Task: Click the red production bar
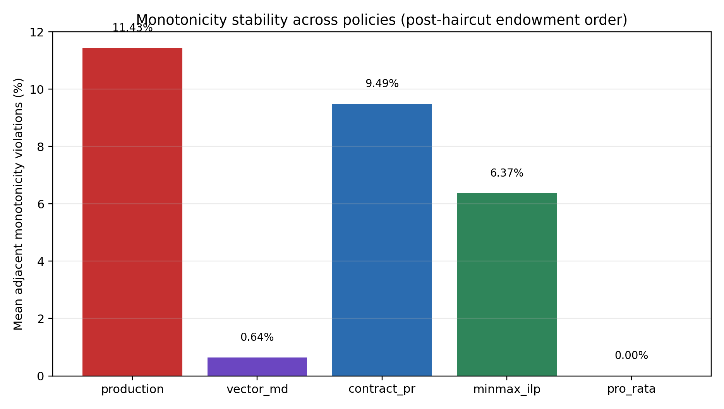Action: [x=132, y=212]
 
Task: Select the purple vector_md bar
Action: [x=257, y=366]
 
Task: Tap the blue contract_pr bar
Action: [x=382, y=239]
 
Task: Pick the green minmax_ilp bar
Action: [x=506, y=284]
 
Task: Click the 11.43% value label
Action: [x=132, y=28]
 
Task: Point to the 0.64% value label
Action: [x=257, y=337]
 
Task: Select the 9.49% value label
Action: [x=382, y=84]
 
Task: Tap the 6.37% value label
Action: [x=506, y=173]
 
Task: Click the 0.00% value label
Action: [x=631, y=356]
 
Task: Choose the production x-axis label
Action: [x=132, y=389]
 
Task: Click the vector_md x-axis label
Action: [x=257, y=389]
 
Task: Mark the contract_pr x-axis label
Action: [x=382, y=389]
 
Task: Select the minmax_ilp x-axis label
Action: [x=506, y=389]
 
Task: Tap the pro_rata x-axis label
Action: [x=631, y=389]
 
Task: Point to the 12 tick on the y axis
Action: [x=37, y=32]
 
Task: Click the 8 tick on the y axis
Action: [x=40, y=147]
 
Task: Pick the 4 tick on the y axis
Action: [x=40, y=261]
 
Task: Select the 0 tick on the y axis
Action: [x=40, y=376]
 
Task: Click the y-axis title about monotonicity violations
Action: [x=19, y=204]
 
